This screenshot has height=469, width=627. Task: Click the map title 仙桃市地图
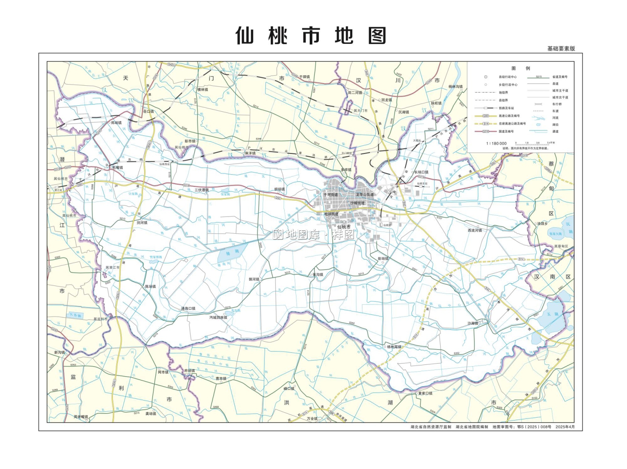click(x=311, y=36)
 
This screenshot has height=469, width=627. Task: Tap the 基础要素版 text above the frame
click(x=561, y=48)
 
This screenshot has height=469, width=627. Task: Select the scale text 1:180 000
click(x=496, y=143)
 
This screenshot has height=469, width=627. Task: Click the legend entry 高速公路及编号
click(x=509, y=116)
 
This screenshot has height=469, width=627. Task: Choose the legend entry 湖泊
click(x=555, y=125)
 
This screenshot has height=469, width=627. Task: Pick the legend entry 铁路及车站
click(x=506, y=108)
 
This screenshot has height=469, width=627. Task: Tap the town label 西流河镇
click(x=474, y=230)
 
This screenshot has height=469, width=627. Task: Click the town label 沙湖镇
click(x=473, y=323)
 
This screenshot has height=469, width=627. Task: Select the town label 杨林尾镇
click(x=394, y=347)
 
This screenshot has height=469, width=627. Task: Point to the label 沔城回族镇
click(x=218, y=318)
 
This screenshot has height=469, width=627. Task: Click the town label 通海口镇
click(x=188, y=308)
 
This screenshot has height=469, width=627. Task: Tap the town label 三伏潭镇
click(x=201, y=190)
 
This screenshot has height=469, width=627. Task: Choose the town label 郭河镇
click(x=254, y=279)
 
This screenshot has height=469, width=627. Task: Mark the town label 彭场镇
click(x=383, y=258)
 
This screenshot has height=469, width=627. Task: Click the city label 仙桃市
click(x=344, y=227)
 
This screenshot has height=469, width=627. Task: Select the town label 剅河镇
click(x=142, y=223)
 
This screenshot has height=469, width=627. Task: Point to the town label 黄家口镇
click(x=425, y=393)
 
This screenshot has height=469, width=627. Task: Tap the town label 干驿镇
click(x=304, y=77)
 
